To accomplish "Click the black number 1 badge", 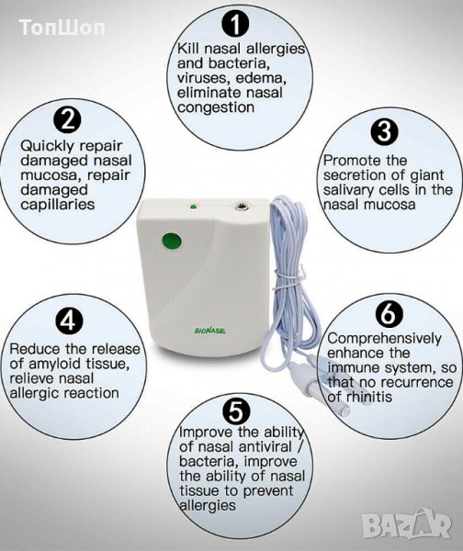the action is tap(235, 25).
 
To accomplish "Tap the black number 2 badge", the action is tap(67, 119).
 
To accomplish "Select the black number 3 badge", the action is tap(385, 130).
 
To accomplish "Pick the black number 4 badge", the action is tap(69, 320).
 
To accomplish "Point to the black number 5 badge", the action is tap(236, 411).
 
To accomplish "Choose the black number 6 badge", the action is tap(390, 313).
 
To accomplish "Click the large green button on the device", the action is tap(172, 242).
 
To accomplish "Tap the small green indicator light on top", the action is tap(193, 207).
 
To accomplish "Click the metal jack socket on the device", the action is tap(242, 207).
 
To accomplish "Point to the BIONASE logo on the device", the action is tap(210, 331).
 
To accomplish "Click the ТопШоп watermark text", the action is tap(62, 28).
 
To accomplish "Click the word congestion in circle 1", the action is tap(216, 107).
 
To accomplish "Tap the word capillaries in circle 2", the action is tap(58, 205).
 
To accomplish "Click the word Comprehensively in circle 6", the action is tap(384, 339).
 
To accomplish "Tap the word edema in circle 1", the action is tap(259, 78).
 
